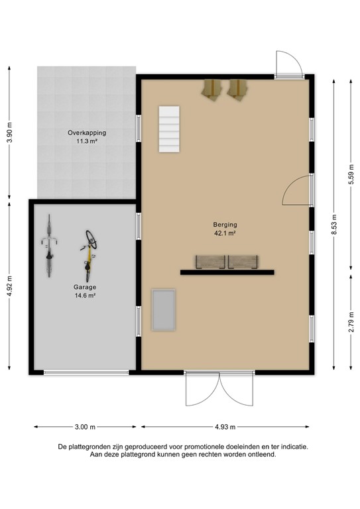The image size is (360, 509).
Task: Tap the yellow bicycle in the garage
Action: tap(89, 254)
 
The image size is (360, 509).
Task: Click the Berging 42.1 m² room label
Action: tap(225, 229)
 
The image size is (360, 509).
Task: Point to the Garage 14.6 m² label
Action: tap(85, 292)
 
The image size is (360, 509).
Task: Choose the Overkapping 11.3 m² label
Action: tap(86, 137)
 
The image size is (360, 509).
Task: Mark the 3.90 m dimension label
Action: tap(9, 132)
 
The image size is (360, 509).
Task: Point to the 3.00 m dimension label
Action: tap(85, 427)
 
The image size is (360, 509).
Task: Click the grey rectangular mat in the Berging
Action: tap(163, 310)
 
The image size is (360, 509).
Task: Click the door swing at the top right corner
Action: tap(289, 64)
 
